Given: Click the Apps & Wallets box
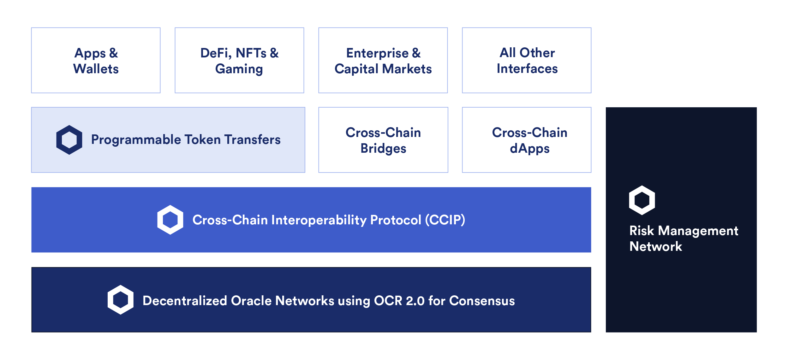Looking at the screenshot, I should click(x=96, y=60).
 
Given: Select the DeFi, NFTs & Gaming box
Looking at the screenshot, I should click(x=239, y=60).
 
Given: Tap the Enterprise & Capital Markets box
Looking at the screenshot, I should click(x=383, y=60).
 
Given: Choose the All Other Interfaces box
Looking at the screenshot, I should click(x=527, y=60).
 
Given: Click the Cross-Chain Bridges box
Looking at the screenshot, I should click(x=383, y=140).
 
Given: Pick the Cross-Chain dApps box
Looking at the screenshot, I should click(x=527, y=140).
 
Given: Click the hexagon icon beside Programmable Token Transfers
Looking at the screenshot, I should click(x=69, y=140).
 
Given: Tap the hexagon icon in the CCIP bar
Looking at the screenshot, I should click(x=170, y=220).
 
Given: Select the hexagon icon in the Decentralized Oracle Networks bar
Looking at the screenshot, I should click(x=120, y=300).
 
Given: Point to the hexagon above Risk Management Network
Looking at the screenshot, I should click(x=642, y=200).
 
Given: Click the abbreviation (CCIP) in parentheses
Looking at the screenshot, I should click(x=445, y=220).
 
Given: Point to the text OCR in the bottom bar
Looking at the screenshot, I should click(x=388, y=301).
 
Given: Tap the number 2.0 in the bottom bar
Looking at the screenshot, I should click(x=415, y=301).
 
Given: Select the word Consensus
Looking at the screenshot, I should click(x=482, y=301).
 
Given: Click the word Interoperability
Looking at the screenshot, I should click(x=319, y=220).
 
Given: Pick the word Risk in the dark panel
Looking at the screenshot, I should click(x=641, y=231).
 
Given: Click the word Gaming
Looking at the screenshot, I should click(x=239, y=69).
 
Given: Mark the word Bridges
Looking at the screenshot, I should click(x=383, y=149).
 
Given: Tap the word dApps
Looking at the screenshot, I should click(x=529, y=149).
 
